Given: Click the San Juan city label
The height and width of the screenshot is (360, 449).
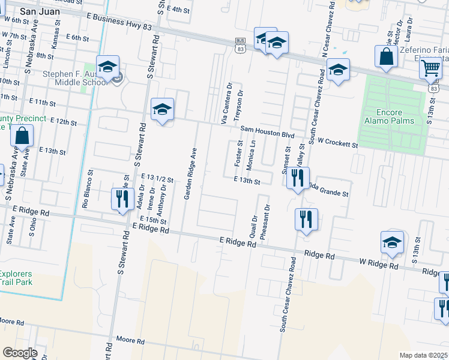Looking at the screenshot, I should coord(39,11).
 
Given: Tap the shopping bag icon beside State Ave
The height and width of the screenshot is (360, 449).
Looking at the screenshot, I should coord(22,137).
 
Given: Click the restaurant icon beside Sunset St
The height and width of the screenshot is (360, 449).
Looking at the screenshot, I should coord(297,178).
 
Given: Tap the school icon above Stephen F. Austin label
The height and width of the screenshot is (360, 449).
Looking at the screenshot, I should coord(107,67).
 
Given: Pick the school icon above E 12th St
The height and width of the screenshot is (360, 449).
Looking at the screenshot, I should coord(162,109).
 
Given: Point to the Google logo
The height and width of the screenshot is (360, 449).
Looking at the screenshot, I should coord(20,353).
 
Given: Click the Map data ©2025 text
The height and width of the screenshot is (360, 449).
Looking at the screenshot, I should coord(423,355).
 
